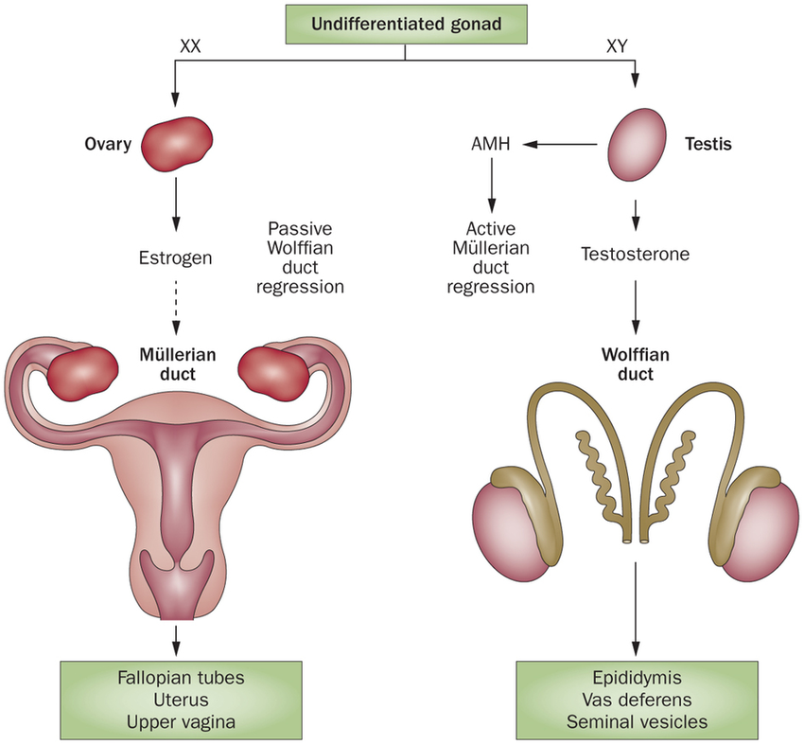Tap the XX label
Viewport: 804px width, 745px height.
coord(190,44)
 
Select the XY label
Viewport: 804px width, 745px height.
coord(617,44)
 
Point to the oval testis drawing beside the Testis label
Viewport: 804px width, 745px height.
coord(633,145)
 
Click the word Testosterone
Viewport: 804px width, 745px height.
coord(635,254)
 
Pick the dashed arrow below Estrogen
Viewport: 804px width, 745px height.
coord(176,307)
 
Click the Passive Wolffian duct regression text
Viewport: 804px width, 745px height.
coord(306,257)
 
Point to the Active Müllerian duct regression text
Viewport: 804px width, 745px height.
coord(491,257)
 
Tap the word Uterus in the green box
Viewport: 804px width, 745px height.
coord(177,700)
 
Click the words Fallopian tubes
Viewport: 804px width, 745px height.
coord(177,678)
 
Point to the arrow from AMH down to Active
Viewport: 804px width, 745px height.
coord(491,186)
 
